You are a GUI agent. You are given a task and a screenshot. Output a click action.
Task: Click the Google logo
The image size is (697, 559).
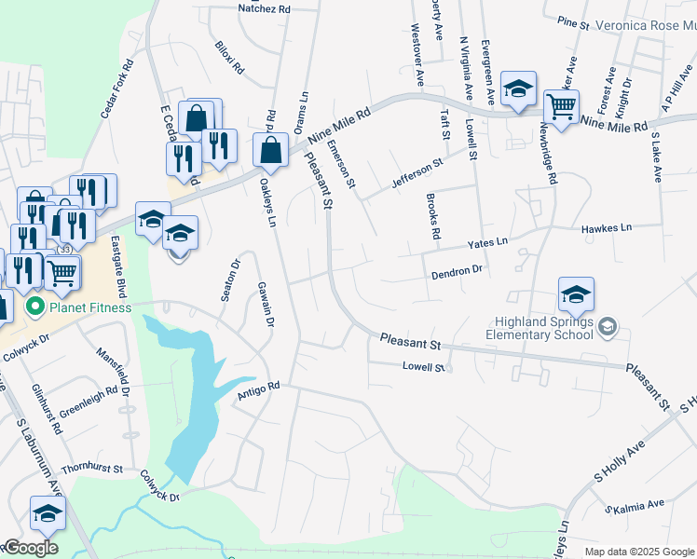(x=31, y=548)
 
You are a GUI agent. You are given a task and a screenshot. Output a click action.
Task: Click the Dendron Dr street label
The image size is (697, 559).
(x=456, y=273)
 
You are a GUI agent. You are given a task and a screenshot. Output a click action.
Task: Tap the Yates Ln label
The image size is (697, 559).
(x=487, y=242)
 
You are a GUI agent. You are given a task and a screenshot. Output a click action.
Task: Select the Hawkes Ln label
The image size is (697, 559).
(x=606, y=227)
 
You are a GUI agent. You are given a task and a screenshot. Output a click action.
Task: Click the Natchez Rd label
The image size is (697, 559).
(x=265, y=8)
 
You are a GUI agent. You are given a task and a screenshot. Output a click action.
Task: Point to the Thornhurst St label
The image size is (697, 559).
(x=92, y=469)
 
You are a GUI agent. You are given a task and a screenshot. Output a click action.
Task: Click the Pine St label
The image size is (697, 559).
(x=573, y=20)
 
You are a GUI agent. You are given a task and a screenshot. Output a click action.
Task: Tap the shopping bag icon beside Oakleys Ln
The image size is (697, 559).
(x=270, y=149)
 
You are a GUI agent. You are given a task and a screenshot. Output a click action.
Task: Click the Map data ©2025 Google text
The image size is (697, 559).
(x=639, y=552)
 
